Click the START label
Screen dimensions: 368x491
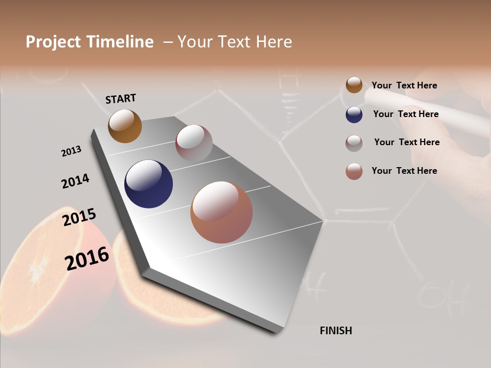[121, 99]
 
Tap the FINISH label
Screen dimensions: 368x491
[336, 331]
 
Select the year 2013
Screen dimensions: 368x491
[71, 151]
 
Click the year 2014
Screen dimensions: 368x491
[75, 181]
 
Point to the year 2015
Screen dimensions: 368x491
[79, 217]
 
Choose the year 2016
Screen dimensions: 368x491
[87, 258]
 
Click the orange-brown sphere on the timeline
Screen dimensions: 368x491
[125, 126]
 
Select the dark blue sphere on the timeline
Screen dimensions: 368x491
[148, 184]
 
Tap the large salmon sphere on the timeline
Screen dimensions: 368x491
[221, 212]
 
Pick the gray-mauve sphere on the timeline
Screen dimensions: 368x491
[194, 143]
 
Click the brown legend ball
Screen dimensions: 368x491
[354, 85]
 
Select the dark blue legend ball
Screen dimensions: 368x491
[354, 114]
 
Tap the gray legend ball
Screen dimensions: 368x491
[354, 143]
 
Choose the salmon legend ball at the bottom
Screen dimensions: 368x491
[354, 171]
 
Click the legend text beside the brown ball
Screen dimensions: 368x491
[404, 85]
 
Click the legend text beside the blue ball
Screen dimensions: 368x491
[406, 114]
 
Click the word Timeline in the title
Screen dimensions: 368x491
[120, 42]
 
